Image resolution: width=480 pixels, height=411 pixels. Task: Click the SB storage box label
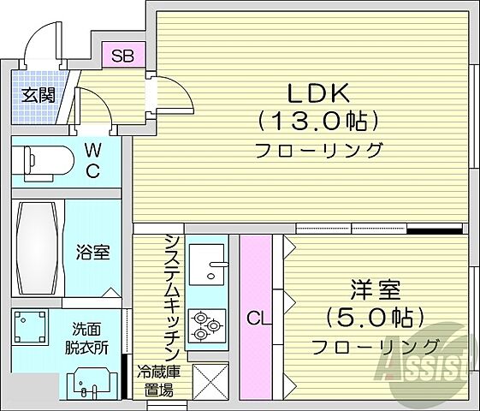pos(123,57)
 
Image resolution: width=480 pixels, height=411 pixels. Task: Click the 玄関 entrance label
pos(35,94)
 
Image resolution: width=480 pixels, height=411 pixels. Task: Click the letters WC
pos(92,160)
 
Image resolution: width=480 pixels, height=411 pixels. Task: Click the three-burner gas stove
pos(206,324)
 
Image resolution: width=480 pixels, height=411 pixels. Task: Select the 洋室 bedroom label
pos(374,290)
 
